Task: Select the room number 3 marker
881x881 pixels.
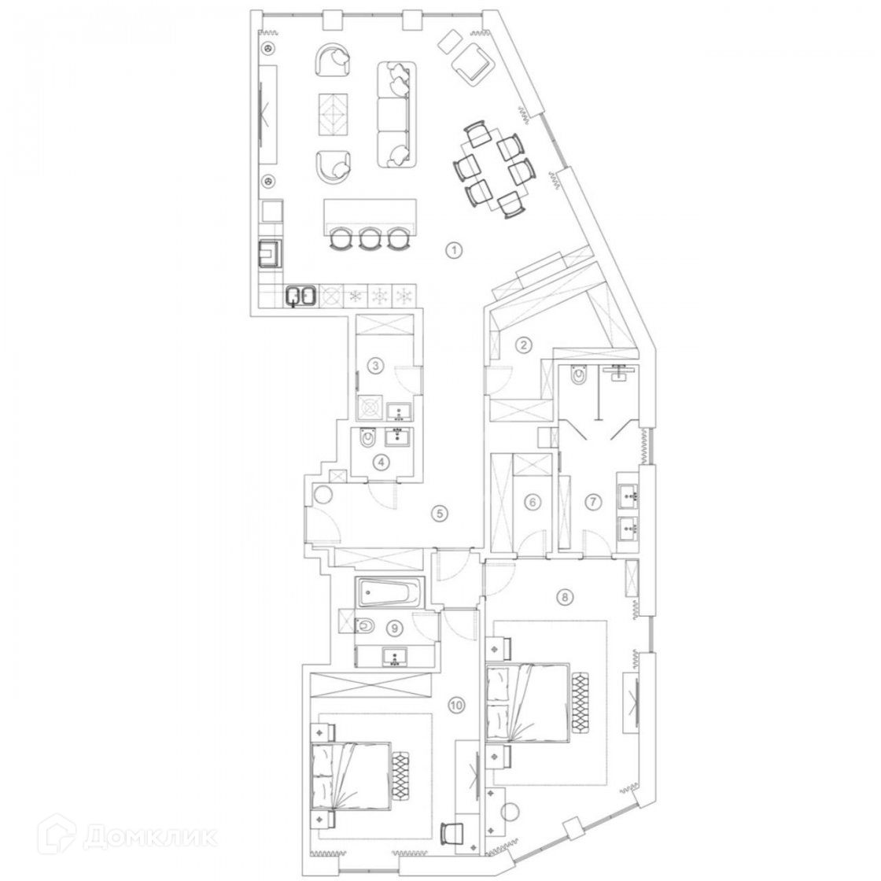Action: [377, 365]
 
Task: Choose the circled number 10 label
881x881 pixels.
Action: [455, 706]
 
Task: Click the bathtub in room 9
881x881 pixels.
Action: [385, 593]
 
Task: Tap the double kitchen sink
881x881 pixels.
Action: [300, 297]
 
